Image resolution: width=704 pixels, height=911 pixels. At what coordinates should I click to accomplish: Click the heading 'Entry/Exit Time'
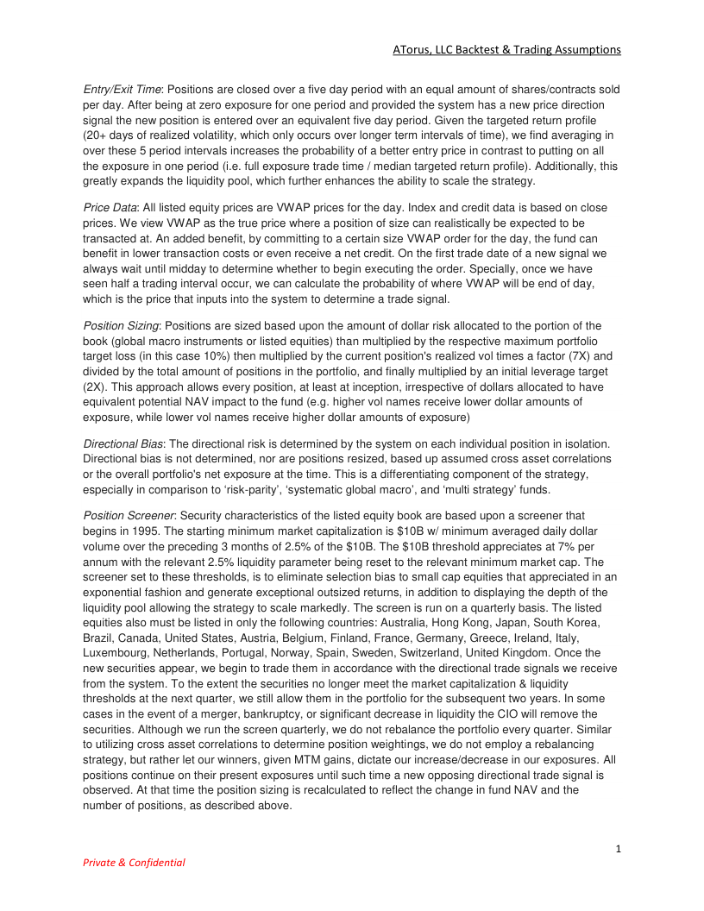(x=122, y=90)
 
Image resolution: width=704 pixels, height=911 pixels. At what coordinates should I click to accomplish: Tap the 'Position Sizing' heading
(x=122, y=325)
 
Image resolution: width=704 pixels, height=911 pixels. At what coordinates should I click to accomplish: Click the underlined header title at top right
(x=506, y=49)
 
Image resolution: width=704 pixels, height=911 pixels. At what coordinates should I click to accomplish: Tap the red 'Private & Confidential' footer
(x=134, y=862)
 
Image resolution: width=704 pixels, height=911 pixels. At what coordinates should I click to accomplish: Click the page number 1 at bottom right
(x=619, y=849)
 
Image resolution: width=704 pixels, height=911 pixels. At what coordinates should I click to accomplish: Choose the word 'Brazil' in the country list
(x=100, y=638)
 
